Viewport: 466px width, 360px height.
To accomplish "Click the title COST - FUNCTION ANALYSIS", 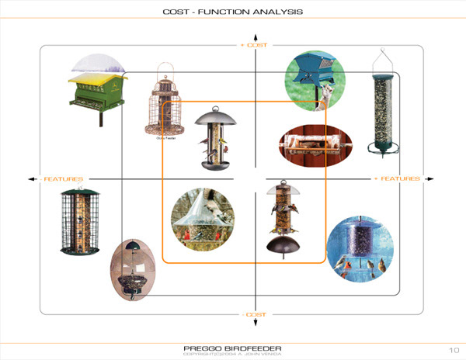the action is click(232, 12).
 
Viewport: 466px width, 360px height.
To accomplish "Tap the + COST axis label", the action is click(254, 45).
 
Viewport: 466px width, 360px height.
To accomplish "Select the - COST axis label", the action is click(254, 314).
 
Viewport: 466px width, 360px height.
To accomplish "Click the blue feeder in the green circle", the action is click(315, 80).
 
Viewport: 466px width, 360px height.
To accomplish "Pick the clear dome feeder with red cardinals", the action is click(203, 220).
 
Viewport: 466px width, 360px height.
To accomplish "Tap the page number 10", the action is click(454, 348).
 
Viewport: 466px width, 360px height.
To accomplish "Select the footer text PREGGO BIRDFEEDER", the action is click(232, 348).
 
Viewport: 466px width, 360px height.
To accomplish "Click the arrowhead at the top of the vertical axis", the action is click(255, 36).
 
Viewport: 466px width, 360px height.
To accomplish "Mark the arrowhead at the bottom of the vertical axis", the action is click(255, 324).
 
